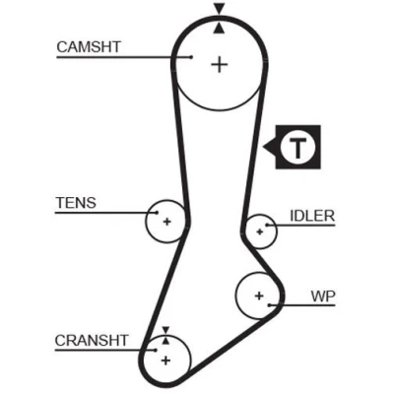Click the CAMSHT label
point(89,47)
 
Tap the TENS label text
point(76,203)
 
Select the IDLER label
point(312,216)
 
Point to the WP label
point(323,296)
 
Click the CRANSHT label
point(92,341)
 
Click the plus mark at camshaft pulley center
point(220,64)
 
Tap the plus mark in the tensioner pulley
point(167,222)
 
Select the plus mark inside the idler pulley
point(260,231)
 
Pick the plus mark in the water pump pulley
point(259,295)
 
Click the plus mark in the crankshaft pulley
point(166,361)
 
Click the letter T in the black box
point(297,148)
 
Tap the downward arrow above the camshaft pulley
point(220,9)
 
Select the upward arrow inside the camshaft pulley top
point(220,29)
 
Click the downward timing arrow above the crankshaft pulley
point(165,330)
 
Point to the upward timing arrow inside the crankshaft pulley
point(165,341)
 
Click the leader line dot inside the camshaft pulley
point(191,57)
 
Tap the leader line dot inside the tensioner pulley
point(157,213)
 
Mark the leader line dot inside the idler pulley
point(267,226)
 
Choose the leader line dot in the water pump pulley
point(269,305)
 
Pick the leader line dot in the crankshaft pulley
point(156,350)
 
